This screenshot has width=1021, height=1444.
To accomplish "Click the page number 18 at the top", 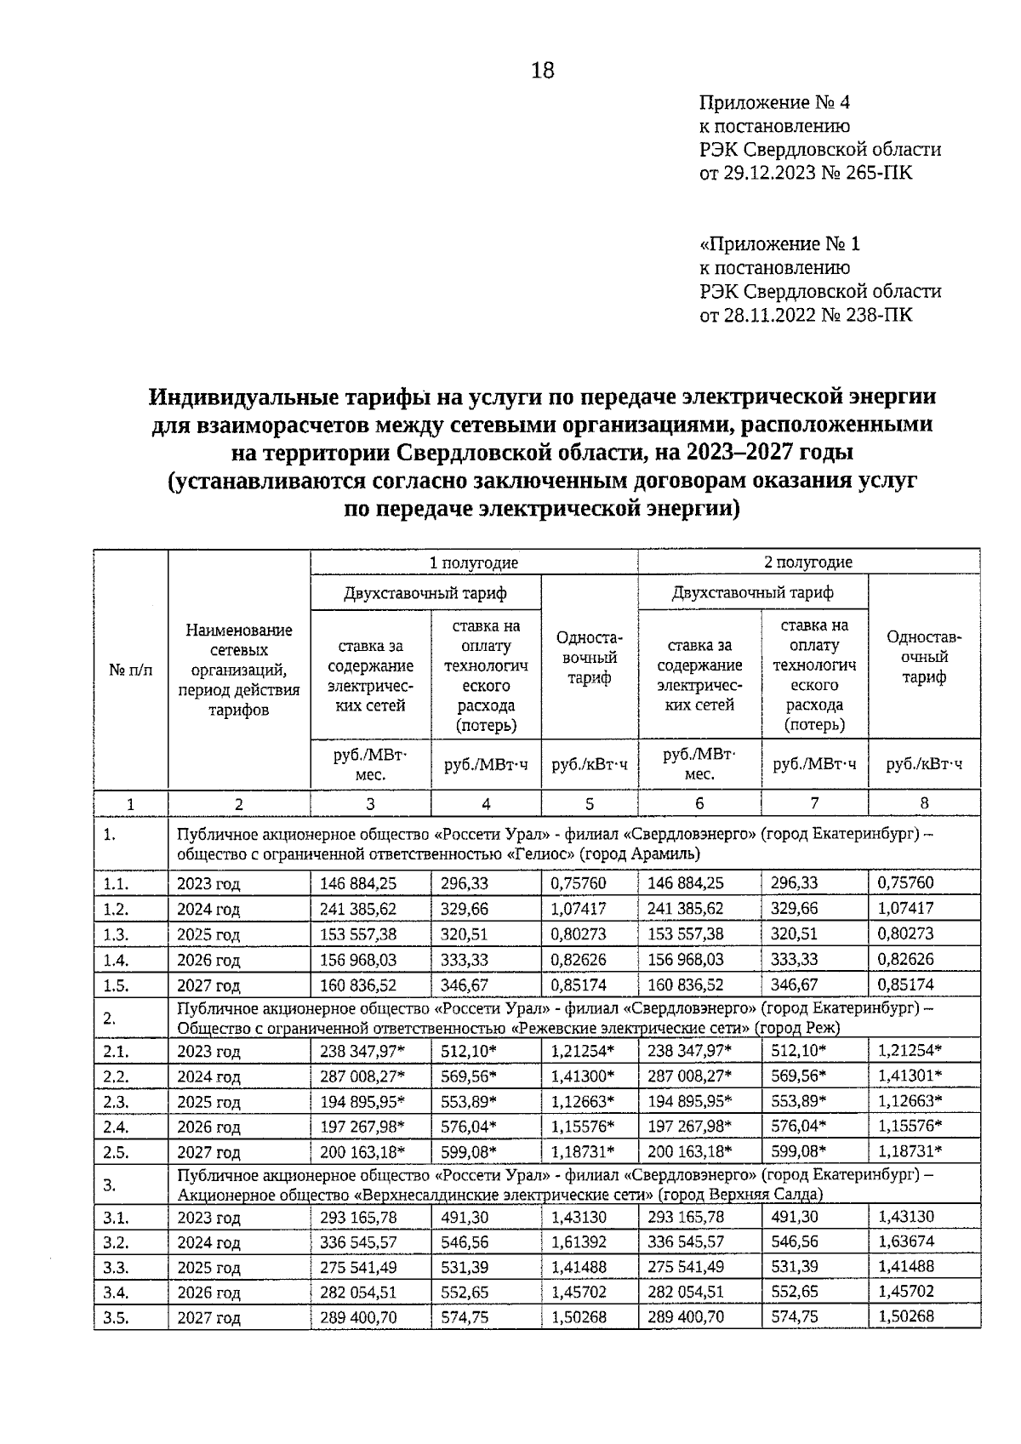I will (542, 70).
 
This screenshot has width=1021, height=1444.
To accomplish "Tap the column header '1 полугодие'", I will (473, 562).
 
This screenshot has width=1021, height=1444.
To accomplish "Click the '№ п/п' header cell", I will (131, 670).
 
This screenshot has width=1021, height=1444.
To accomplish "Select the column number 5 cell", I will (589, 803).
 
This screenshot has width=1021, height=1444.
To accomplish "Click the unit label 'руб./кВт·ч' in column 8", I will (924, 764).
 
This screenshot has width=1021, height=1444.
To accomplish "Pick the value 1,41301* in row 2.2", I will (910, 1076).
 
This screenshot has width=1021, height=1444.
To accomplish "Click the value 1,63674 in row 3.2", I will (905, 1242).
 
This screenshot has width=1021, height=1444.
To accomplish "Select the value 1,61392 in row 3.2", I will (579, 1242).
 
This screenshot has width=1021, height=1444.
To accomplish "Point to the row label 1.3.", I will (115, 934).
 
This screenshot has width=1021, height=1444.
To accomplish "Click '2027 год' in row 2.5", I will (208, 1152).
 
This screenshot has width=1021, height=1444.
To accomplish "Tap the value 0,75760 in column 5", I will (579, 883).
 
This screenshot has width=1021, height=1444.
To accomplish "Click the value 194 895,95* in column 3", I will (362, 1102).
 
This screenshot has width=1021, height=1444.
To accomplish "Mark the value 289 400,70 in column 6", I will (686, 1317).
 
